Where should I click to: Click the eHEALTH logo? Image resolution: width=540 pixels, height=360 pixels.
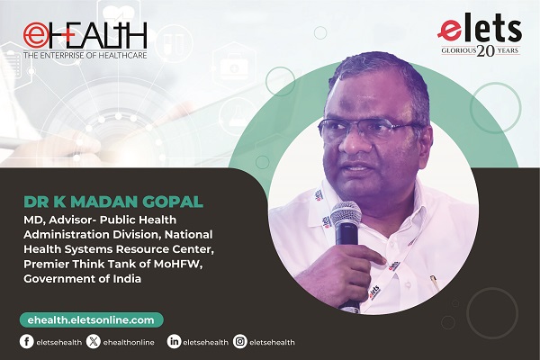tap(85, 40)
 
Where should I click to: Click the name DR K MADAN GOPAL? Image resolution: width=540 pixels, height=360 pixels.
tap(113, 202)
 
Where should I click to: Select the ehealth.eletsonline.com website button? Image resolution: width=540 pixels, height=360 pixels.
tap(91, 320)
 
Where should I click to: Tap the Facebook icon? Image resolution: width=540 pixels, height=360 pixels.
tap(26, 341)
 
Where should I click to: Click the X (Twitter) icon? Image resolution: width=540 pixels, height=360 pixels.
tap(94, 341)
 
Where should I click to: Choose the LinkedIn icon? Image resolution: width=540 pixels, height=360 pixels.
tap(174, 341)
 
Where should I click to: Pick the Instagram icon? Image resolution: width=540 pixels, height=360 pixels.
tap(240, 341)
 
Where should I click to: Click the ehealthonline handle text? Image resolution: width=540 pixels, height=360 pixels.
tap(129, 342)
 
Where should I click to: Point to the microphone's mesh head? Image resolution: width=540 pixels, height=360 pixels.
tap(346, 214)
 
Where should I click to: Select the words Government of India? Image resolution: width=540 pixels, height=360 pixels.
tap(82, 279)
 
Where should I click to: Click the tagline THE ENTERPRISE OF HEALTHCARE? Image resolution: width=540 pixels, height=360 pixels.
tap(85, 55)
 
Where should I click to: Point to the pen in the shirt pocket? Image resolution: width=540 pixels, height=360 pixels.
tap(435, 283)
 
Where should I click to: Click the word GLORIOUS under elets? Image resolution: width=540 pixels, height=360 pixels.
tap(458, 51)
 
